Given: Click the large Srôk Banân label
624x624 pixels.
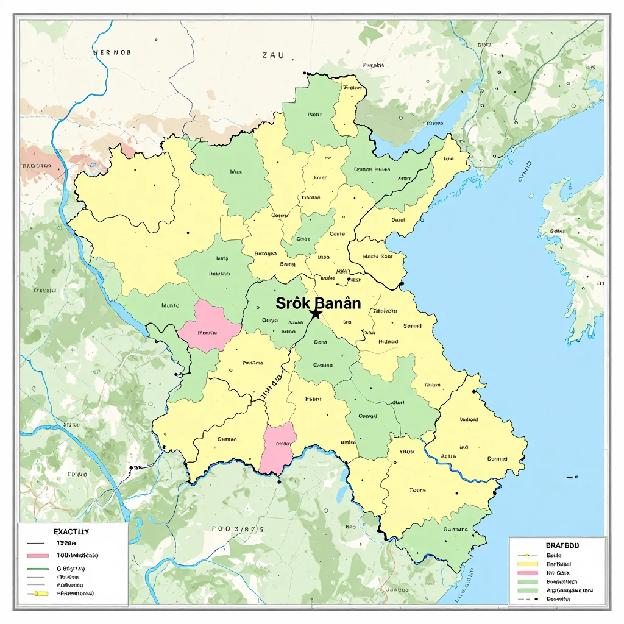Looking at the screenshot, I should [318, 303].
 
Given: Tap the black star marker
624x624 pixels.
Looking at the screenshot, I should [316, 314].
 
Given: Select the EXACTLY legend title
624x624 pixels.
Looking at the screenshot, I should [71, 532].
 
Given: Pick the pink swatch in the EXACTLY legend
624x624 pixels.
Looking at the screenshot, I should [38, 556].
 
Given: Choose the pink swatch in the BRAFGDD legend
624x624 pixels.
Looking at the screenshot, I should [528, 573].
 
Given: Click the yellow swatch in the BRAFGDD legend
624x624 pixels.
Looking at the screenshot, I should [528, 564].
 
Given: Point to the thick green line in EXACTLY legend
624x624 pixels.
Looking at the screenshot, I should [38, 569].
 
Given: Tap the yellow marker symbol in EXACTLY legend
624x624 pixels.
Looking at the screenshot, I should [41, 594].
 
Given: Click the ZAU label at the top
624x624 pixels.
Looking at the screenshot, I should [273, 55].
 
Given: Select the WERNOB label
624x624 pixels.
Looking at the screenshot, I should [112, 52].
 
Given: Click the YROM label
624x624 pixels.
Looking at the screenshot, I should [406, 452].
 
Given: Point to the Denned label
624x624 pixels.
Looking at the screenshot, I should [497, 459].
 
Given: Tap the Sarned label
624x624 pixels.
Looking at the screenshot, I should [413, 326].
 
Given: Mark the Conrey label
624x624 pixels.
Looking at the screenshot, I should [367, 416].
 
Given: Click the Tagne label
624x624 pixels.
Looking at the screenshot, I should [417, 489].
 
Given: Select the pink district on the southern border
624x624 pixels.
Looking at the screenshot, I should [279, 448].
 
